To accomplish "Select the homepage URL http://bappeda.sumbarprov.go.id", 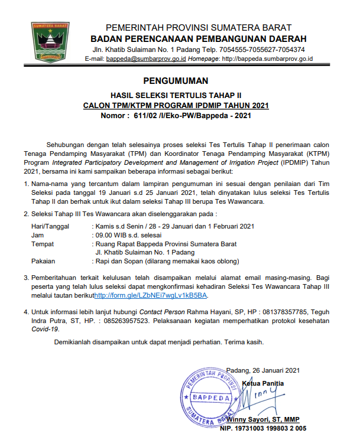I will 266,59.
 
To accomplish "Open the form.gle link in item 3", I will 151,295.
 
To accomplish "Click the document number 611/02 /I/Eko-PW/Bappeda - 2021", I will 194,116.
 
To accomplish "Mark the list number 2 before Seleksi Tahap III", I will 26,213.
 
